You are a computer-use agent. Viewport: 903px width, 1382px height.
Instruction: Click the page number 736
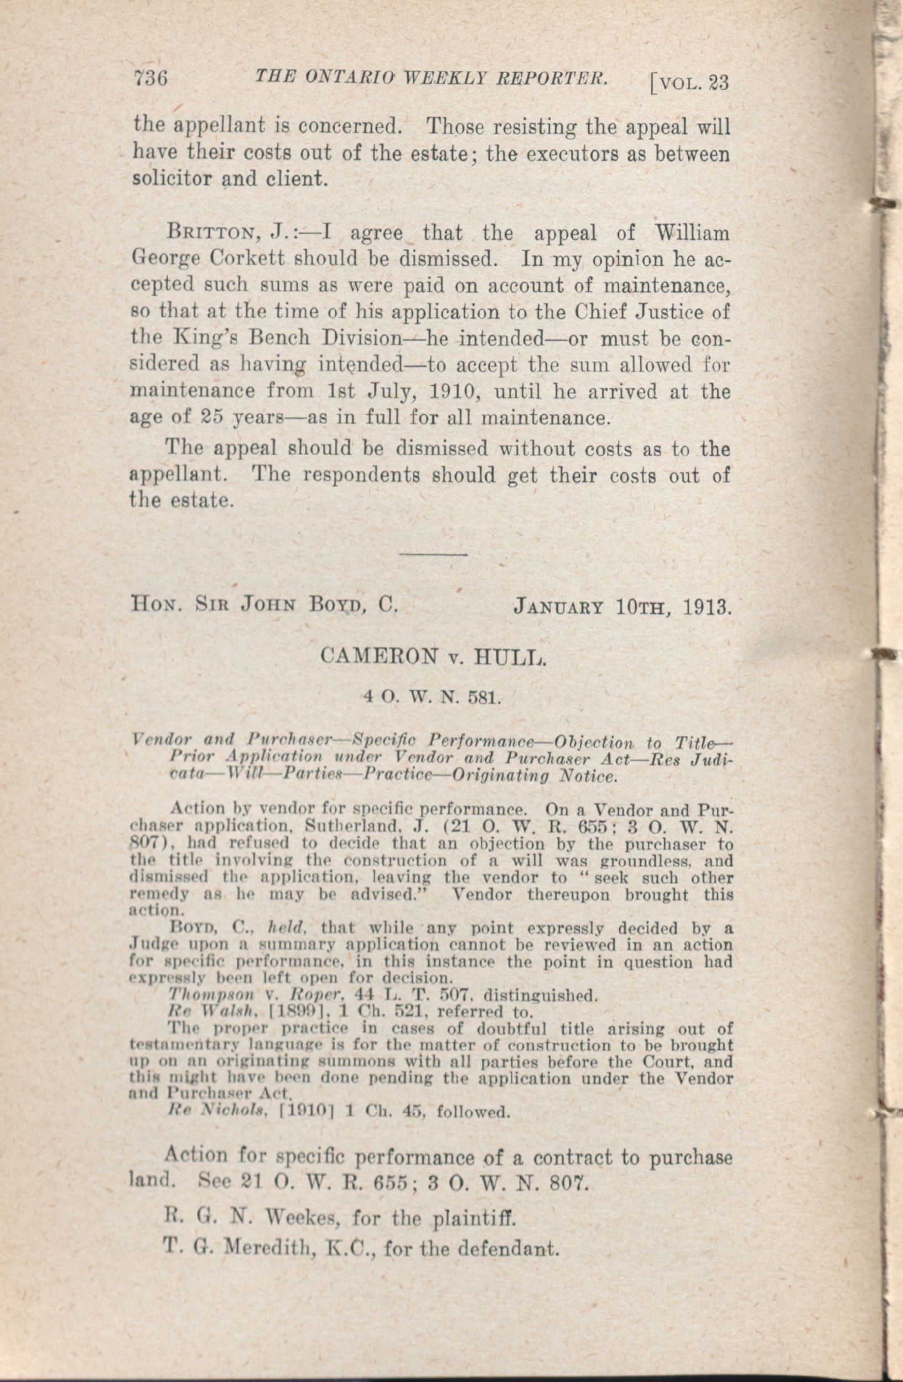[x=150, y=78]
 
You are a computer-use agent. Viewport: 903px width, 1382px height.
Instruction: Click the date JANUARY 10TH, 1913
[x=620, y=607]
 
